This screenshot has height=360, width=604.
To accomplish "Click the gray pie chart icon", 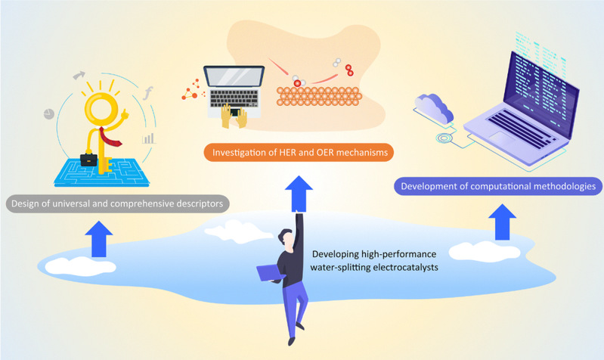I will pyautogui.click(x=48, y=113).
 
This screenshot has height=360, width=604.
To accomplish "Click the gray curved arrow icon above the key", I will pyautogui.click(x=79, y=75).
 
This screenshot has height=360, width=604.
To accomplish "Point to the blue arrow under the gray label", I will pyautogui.click(x=97, y=241).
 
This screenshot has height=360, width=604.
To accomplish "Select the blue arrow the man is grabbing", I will pyautogui.click(x=301, y=189).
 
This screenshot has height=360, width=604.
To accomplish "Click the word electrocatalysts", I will pyautogui.click(x=392, y=265).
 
